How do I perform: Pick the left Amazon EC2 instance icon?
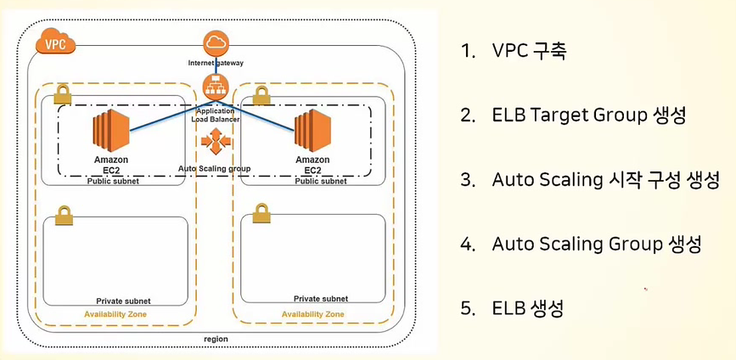point(110,132)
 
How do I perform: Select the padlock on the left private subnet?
point(62,215)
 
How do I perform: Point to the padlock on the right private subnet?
point(261,215)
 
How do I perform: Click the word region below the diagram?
point(216,339)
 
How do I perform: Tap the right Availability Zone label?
point(312,314)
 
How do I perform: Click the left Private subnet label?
point(123,301)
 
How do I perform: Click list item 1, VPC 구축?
point(513,51)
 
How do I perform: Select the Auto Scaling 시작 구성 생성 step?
point(590,180)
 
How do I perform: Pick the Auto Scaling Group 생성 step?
point(581,244)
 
